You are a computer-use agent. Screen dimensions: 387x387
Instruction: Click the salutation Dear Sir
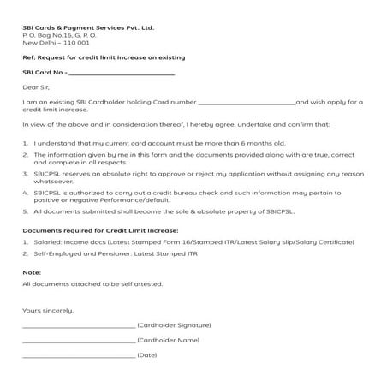(37, 87)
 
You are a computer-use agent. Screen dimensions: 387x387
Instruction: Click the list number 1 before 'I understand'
(25, 141)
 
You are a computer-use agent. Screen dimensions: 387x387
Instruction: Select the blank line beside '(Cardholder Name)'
(79, 340)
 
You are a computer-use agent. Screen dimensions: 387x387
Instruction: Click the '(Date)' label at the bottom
(147, 354)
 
